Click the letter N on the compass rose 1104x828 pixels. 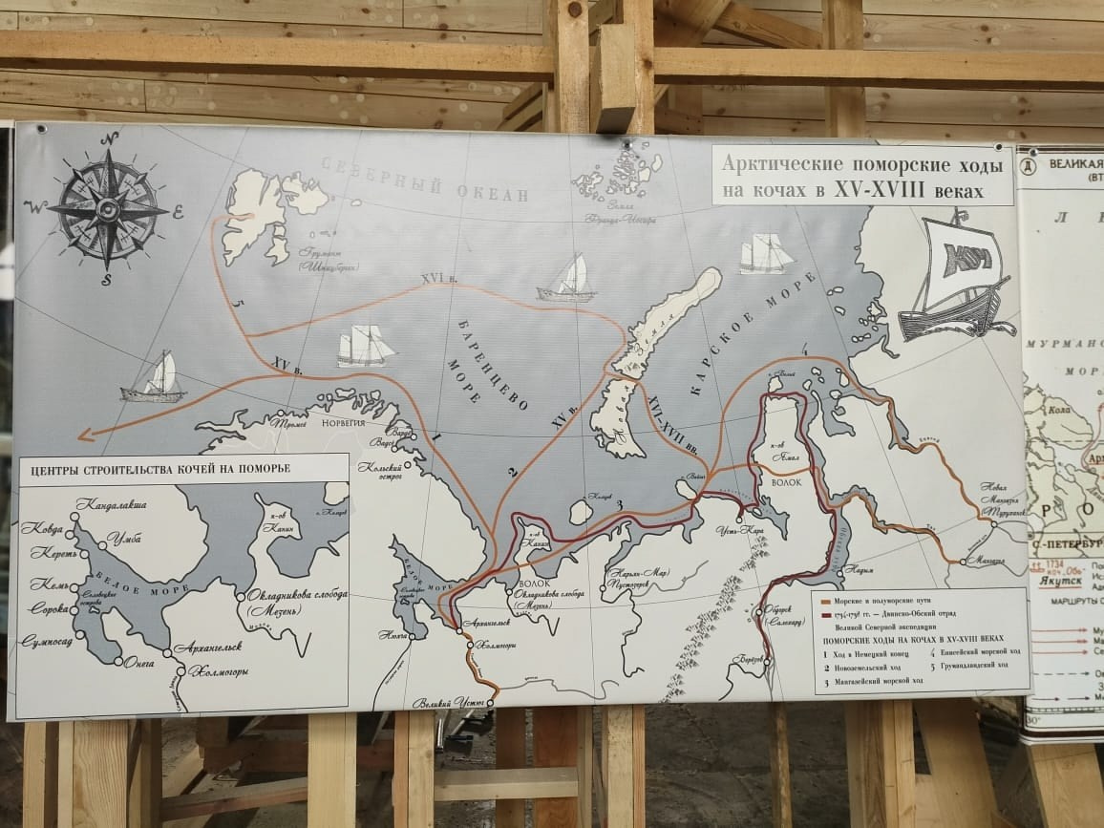tap(109, 138)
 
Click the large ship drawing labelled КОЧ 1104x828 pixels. tap(955, 277)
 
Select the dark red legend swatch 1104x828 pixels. tap(830, 616)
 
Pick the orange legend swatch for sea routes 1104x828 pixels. tap(830, 603)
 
